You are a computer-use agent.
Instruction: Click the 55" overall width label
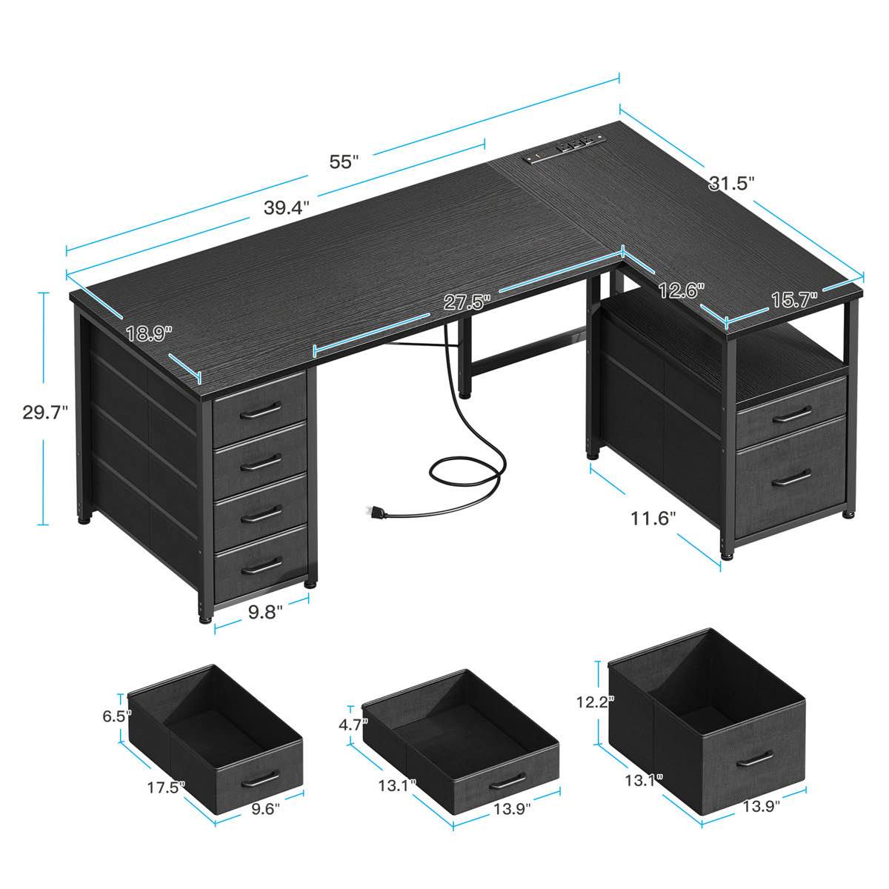pyautogui.click(x=344, y=162)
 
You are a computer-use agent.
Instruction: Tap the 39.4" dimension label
pyautogui.click(x=287, y=207)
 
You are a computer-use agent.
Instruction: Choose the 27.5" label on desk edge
pyautogui.click(x=467, y=302)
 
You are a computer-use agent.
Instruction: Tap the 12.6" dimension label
pyautogui.click(x=681, y=290)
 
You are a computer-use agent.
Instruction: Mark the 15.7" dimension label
pyautogui.click(x=793, y=299)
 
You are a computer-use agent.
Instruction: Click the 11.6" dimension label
pyautogui.click(x=654, y=518)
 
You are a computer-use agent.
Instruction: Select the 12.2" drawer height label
pyautogui.click(x=598, y=701)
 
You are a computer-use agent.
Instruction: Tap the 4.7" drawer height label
pyautogui.click(x=353, y=725)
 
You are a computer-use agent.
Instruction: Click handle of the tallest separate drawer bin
pyautogui.click(x=755, y=759)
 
